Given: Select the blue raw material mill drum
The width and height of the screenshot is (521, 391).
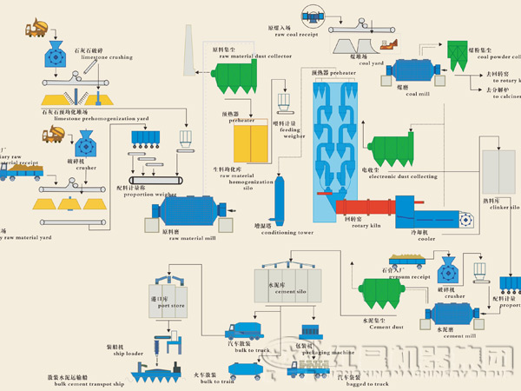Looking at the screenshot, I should pyautogui.click(x=191, y=211).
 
